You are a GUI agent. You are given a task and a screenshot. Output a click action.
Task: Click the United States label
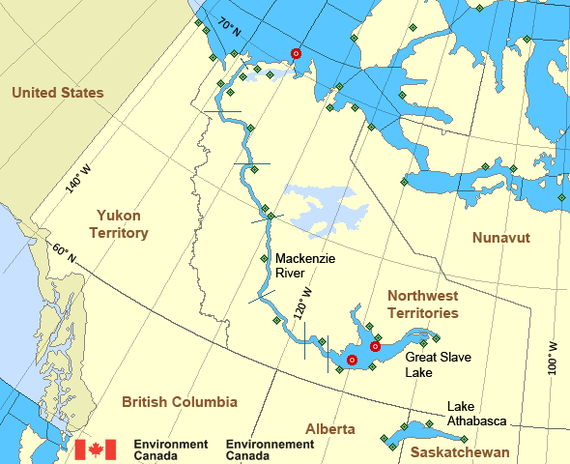[57, 93]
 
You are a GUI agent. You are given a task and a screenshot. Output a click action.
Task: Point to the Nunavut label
[501, 238]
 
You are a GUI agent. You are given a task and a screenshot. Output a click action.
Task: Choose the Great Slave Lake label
[425, 363]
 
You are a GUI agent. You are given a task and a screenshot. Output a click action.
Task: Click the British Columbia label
[179, 401]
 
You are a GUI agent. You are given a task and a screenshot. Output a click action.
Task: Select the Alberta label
[329, 429]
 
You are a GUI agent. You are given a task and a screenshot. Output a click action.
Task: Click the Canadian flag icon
[96, 449]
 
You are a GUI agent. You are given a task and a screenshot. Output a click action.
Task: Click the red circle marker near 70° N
[297, 54]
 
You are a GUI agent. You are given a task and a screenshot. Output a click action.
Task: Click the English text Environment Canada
[171, 449]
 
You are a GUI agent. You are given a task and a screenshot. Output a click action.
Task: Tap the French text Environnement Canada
[270, 449]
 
